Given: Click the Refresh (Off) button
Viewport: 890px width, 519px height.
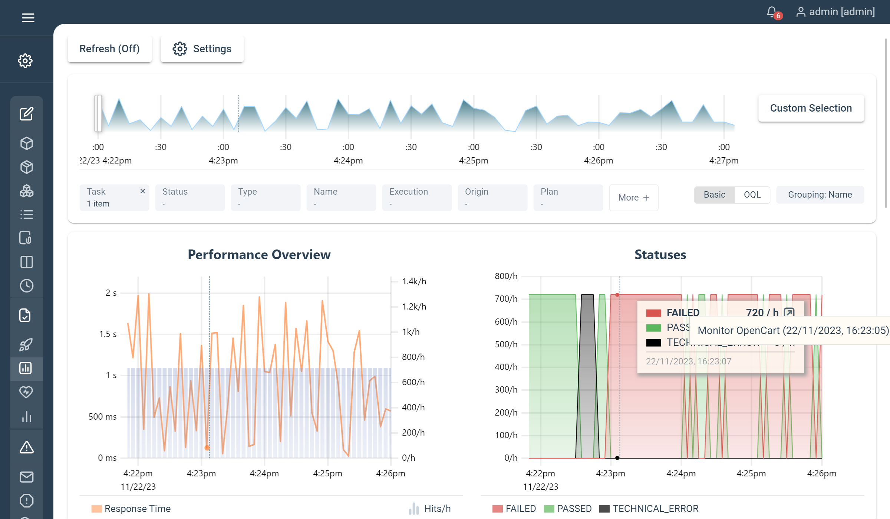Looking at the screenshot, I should pos(109,49).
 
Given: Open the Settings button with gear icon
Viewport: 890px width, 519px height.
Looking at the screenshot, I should pos(202,49).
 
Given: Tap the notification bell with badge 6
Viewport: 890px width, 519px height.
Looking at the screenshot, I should pos(772,12).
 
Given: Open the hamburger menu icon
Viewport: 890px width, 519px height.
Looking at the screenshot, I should pos(28,17).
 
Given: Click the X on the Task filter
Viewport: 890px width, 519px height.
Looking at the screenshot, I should pos(142,191).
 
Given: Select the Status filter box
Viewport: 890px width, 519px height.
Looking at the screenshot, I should pos(190,197).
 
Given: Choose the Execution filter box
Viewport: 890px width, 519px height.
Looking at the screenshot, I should pos(417,197).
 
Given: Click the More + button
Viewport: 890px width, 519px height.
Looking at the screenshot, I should pos(633,198).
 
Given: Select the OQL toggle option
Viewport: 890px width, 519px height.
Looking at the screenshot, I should pos(752,195).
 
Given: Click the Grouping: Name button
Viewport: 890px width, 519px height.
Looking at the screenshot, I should pos(820,195).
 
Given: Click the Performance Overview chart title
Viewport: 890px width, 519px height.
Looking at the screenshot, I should pos(259,255).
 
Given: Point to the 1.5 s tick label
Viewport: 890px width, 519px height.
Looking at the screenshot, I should pos(108,334).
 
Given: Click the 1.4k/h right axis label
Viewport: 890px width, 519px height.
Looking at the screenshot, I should pos(414,281).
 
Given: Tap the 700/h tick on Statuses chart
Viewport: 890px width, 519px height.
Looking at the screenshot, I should pos(506,299).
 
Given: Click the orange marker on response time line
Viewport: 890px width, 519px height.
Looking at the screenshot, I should pos(207,448).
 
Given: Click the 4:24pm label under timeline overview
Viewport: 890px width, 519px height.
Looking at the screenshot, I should pos(348,161).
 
